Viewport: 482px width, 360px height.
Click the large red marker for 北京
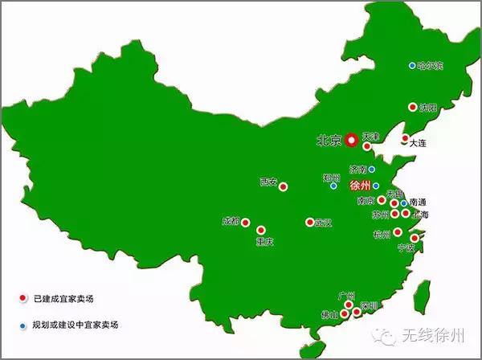click(352, 140)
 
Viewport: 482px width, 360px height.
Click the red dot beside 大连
click(405, 137)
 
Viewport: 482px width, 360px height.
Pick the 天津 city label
click(370, 137)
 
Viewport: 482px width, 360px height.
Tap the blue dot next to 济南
click(372, 170)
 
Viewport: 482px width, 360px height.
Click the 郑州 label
click(331, 178)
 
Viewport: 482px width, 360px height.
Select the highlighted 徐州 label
click(361, 186)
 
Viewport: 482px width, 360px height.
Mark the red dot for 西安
click(283, 183)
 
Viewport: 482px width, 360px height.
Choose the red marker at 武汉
click(309, 223)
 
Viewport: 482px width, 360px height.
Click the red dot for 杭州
click(397, 232)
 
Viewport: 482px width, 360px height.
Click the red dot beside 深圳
click(357, 311)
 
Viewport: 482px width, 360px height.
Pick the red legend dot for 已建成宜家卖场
click(21, 299)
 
